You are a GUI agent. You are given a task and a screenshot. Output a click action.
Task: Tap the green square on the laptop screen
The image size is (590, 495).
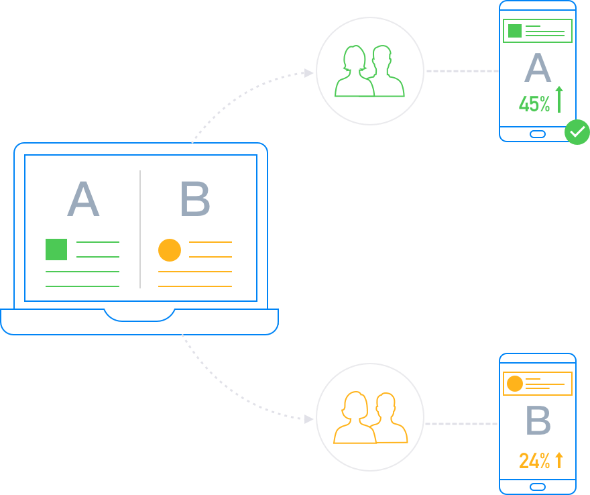56,250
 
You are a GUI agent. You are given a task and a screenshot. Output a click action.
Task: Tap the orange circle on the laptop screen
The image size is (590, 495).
170,250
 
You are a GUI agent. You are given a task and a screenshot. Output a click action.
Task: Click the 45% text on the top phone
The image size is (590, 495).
534,104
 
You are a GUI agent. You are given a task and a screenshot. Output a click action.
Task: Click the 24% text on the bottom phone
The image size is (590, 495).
534,461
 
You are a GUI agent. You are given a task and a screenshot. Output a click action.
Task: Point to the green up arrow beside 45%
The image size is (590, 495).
559,99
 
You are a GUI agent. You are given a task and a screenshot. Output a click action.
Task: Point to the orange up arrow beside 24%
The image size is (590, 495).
559,459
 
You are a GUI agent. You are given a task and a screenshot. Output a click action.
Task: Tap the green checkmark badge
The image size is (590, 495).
577,132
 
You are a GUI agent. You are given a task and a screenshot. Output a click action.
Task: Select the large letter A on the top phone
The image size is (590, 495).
537,68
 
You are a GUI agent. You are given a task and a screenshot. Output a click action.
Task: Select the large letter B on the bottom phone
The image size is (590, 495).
538,421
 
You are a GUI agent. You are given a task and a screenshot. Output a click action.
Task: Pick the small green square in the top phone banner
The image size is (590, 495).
515,30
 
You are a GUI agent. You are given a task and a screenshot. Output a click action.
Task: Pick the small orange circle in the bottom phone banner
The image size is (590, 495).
515,384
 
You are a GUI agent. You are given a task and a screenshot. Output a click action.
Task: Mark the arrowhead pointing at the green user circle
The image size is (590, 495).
308,72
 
